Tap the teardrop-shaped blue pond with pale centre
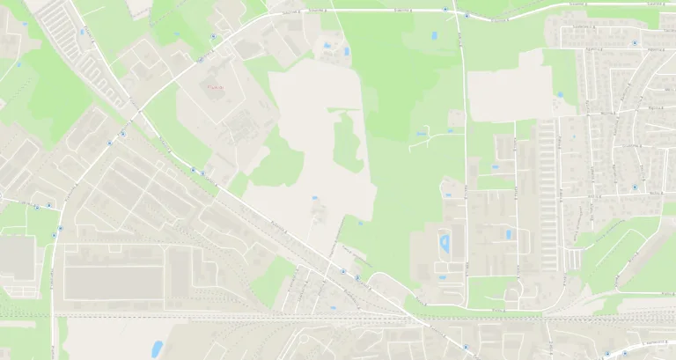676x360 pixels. (445, 240)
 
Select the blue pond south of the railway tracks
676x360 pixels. (158, 349)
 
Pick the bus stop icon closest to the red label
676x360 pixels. (201, 60)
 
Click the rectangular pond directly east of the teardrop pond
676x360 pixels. (508, 234)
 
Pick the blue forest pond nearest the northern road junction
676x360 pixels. (434, 36)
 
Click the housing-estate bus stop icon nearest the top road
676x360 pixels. (635, 41)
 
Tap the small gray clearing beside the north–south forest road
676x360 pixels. (455, 118)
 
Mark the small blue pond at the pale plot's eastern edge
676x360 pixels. (560, 94)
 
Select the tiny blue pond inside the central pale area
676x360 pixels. (313, 199)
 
